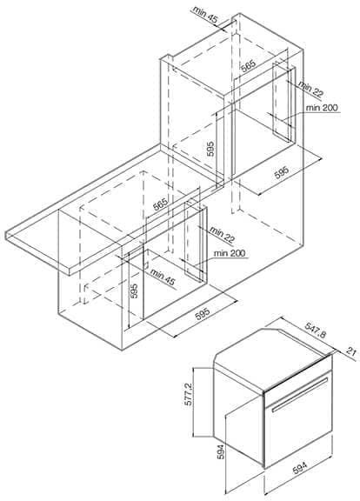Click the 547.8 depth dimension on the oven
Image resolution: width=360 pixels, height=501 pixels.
(316, 331)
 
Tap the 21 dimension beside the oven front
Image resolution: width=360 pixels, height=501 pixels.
(351, 352)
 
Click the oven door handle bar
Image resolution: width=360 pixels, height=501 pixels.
(300, 394)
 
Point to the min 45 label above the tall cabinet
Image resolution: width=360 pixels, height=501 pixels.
(205, 14)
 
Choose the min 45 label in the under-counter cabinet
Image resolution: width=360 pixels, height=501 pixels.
(163, 277)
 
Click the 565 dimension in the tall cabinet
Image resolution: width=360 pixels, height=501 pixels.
(248, 67)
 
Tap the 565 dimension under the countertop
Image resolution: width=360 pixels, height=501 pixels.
(160, 204)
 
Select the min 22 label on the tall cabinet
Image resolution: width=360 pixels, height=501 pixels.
(310, 89)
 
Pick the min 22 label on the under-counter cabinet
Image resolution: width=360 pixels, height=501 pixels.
(223, 234)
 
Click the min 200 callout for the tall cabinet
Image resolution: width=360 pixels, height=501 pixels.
(322, 108)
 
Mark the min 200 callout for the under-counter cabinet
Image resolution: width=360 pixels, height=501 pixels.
(230, 253)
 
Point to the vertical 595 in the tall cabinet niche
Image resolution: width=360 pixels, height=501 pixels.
(210, 149)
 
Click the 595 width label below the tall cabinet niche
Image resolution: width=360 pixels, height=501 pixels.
(281, 172)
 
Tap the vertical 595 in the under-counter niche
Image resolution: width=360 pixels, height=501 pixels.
(135, 291)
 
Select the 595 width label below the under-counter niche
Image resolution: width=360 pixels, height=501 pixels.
(203, 313)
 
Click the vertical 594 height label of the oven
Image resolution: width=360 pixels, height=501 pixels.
(220, 451)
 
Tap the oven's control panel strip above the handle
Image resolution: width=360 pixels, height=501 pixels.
(297, 376)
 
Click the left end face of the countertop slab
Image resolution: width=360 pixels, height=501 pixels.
(6, 234)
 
